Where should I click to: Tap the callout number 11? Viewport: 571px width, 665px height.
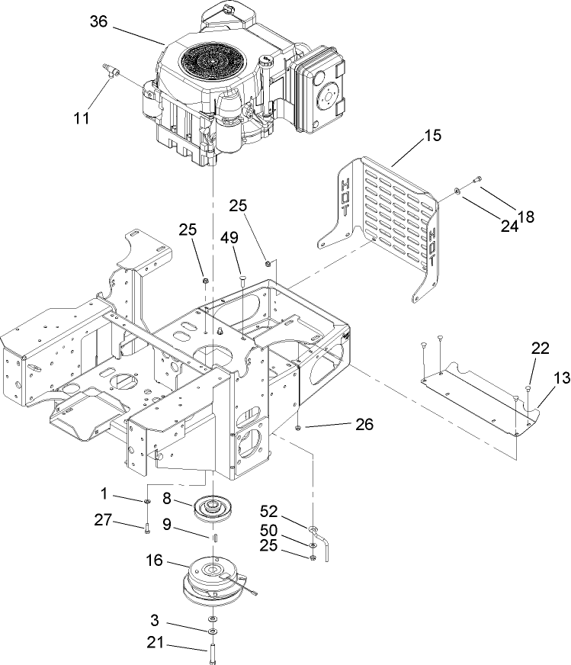82,117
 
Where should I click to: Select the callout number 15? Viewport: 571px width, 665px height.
432,137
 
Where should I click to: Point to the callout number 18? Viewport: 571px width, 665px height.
526,217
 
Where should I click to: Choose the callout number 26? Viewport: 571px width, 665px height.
364,425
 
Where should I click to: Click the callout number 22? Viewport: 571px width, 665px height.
540,348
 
